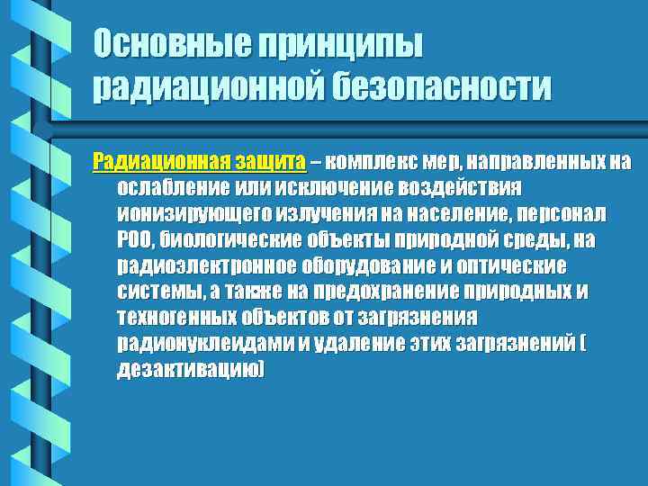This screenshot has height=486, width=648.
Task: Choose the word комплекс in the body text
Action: [369, 162]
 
